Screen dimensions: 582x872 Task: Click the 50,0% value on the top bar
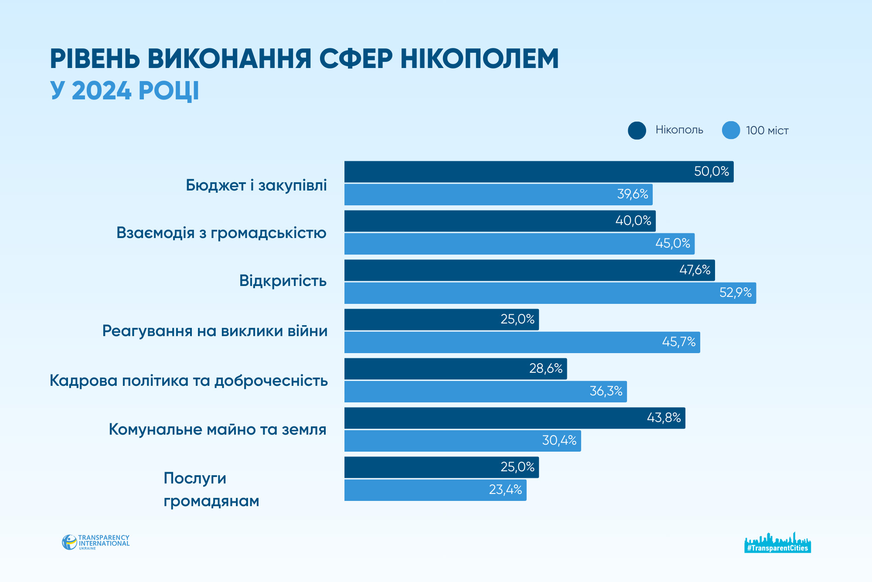(x=711, y=171)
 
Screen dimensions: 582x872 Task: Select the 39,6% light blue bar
(x=498, y=194)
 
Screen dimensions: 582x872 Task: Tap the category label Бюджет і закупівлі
(x=256, y=186)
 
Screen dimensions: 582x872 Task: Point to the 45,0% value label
(x=672, y=243)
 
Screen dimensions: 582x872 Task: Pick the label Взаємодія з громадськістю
(x=221, y=233)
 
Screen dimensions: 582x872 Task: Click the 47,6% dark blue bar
(x=529, y=270)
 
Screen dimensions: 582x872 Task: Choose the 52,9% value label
(x=735, y=293)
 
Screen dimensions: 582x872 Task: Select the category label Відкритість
(x=283, y=281)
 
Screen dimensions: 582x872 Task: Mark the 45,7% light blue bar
(x=522, y=342)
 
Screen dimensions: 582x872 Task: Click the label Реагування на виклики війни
(x=215, y=331)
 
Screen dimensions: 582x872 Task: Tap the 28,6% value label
(x=545, y=369)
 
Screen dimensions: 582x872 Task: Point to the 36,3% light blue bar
(x=485, y=391)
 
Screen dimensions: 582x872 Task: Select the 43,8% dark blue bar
(x=514, y=418)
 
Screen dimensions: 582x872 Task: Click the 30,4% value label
(x=559, y=440)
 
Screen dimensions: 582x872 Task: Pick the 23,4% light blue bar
(x=435, y=490)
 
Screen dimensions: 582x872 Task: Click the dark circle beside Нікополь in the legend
(x=637, y=130)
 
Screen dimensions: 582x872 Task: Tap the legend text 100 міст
(x=767, y=131)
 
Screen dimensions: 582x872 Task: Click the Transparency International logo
(x=96, y=542)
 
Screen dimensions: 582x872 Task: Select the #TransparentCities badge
(x=777, y=543)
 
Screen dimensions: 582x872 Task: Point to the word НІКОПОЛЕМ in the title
(x=479, y=59)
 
